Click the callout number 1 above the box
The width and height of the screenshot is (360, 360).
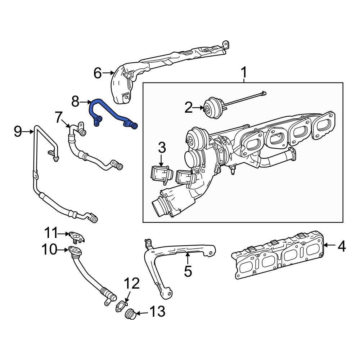coord(244,73)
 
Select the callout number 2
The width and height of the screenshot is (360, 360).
coord(189,107)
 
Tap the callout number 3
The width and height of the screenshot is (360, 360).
coord(162,147)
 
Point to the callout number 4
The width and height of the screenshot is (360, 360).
coord(341,246)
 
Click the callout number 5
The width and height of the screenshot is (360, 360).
coord(188,271)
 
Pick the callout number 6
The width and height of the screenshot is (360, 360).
coord(98,73)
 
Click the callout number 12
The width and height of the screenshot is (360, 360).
coord(132,284)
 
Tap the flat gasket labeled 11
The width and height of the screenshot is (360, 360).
coord(77,236)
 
